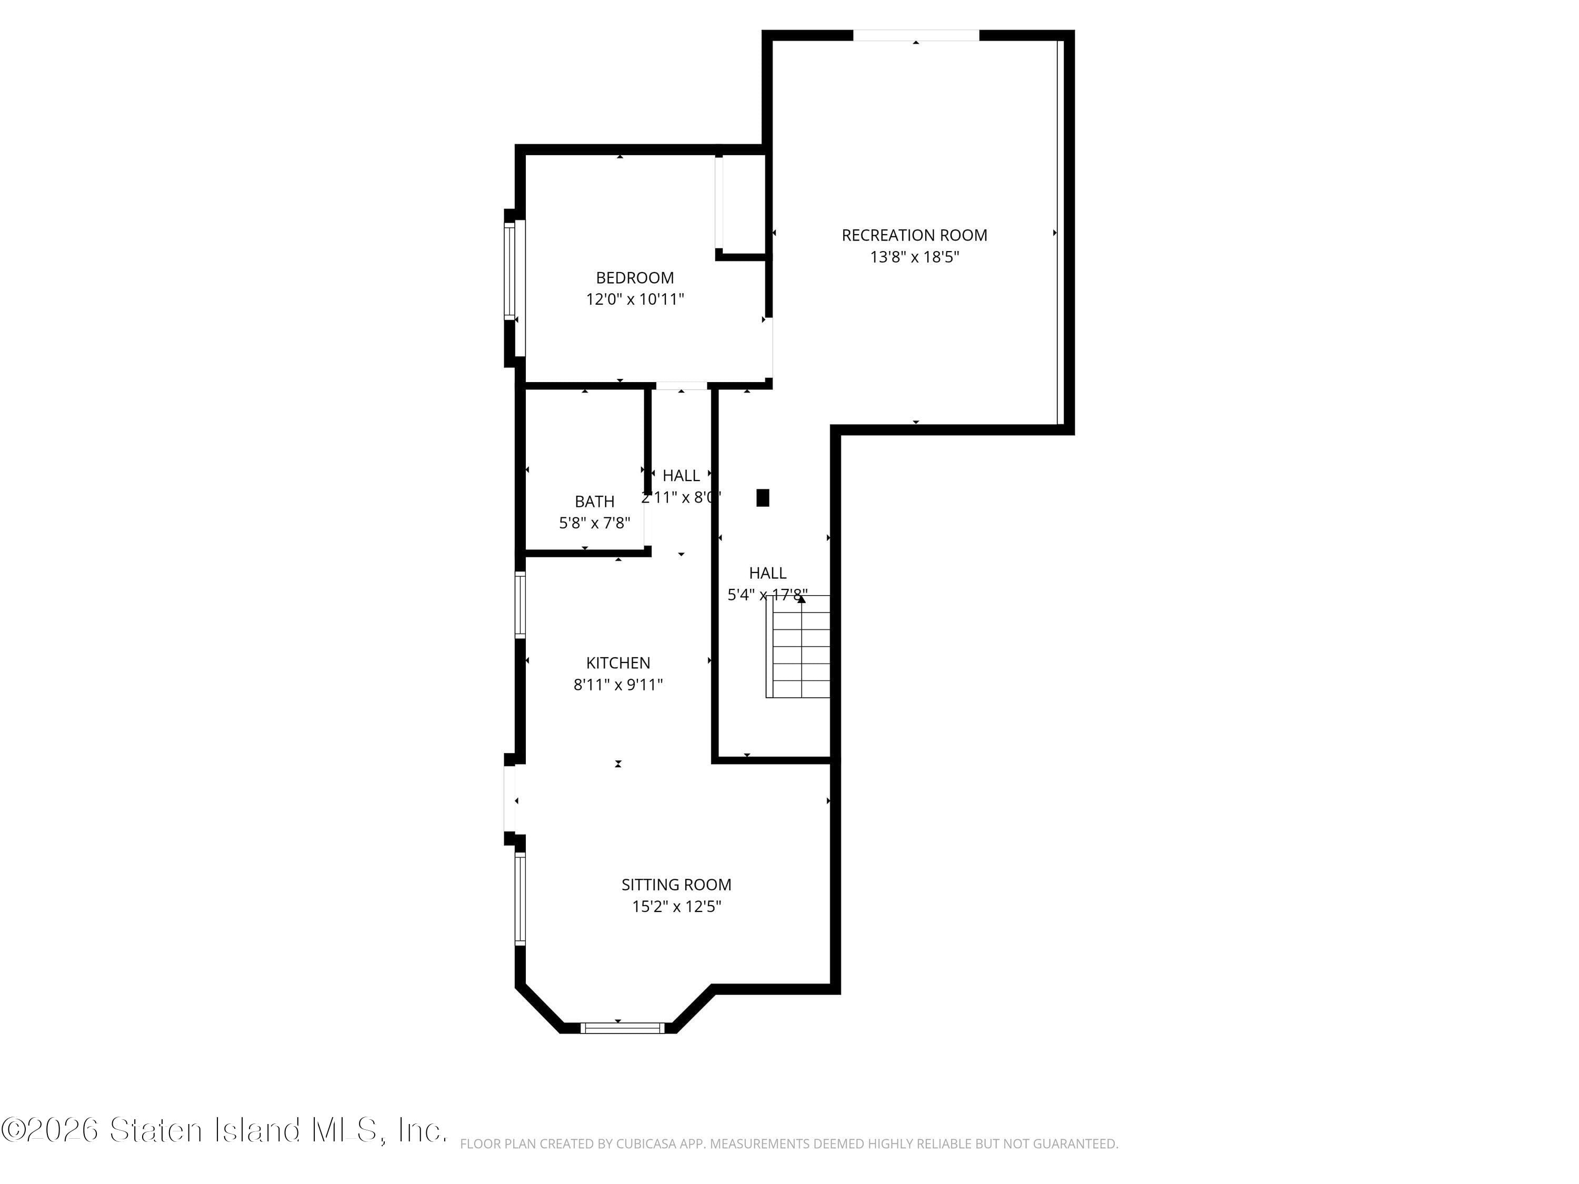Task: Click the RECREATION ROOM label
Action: click(914, 235)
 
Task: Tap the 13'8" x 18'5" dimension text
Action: click(914, 257)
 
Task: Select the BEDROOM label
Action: click(635, 278)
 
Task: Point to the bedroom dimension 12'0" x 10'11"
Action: click(635, 299)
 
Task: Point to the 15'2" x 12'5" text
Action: click(676, 906)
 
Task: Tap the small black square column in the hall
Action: click(762, 497)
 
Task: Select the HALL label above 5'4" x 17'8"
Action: click(767, 573)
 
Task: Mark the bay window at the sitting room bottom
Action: click(622, 1028)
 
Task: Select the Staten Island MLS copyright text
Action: click(224, 1130)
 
